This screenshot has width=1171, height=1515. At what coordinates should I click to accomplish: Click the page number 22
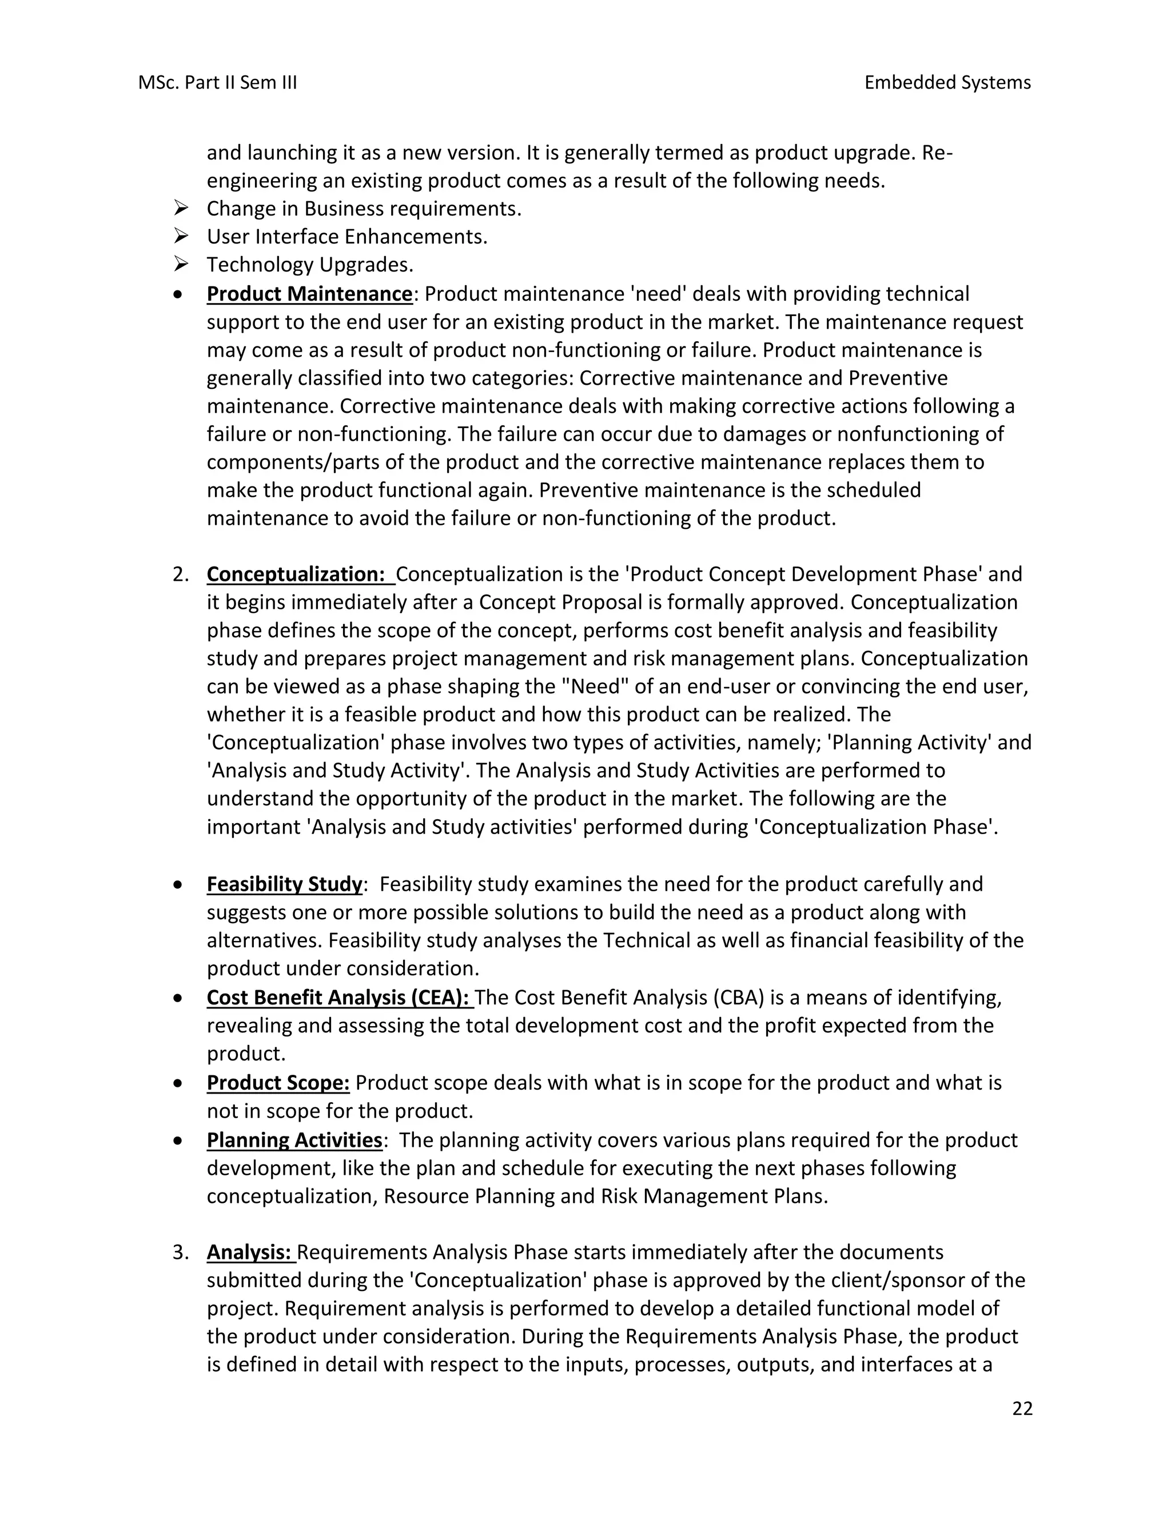click(1022, 1409)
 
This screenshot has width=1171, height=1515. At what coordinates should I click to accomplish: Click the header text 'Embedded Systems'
click(947, 82)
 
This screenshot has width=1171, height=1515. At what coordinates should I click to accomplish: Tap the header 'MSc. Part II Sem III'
click(217, 82)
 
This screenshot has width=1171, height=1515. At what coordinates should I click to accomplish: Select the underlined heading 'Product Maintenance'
click(309, 294)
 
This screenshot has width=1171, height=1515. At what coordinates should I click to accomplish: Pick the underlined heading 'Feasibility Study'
click(284, 884)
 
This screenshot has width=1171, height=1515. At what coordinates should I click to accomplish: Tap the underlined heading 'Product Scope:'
click(277, 1083)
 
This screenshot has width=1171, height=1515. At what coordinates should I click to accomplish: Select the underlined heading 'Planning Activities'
click(294, 1141)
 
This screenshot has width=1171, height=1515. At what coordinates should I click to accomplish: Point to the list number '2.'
click(180, 575)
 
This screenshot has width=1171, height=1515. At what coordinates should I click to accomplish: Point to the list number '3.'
click(180, 1253)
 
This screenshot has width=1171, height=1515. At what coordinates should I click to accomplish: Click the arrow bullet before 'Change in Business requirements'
click(181, 208)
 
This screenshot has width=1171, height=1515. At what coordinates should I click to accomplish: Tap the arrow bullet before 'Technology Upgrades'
click(181, 264)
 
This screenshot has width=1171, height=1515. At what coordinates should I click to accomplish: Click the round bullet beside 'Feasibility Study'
click(179, 886)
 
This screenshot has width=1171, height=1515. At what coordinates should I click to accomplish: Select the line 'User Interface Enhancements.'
click(347, 237)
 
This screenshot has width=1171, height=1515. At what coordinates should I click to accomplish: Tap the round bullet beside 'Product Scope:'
click(179, 1084)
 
